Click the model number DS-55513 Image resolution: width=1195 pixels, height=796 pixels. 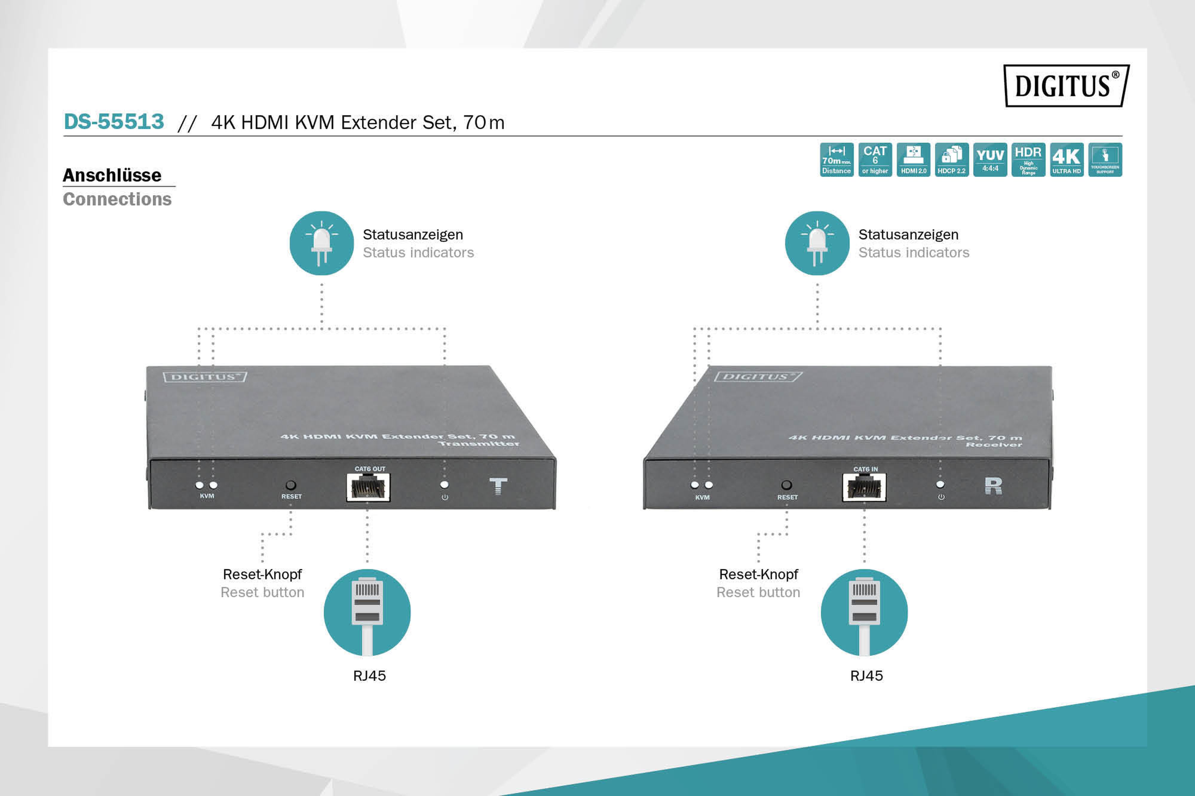pyautogui.click(x=114, y=122)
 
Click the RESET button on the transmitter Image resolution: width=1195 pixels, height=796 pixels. pyautogui.click(x=290, y=485)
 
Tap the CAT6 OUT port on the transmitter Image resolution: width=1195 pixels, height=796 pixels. pyautogui.click(x=368, y=487)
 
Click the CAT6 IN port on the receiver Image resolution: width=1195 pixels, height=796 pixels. pyautogui.click(x=864, y=487)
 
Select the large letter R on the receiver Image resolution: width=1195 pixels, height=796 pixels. pyautogui.click(x=993, y=486)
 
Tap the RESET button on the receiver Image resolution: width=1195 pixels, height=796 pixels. pyautogui.click(x=786, y=485)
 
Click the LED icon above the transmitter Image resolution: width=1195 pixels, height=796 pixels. pyautogui.click(x=321, y=243)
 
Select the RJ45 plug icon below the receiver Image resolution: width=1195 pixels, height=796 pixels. pyautogui.click(x=864, y=612)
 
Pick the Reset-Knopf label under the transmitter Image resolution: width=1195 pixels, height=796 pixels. pyautogui.click(x=262, y=574)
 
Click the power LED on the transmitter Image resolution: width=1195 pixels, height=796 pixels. pyautogui.click(x=444, y=485)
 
